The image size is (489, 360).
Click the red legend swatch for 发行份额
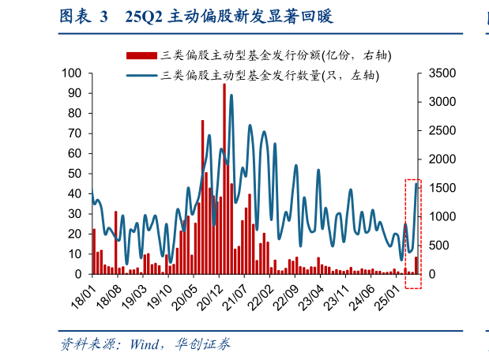pyautogui.click(x=141, y=55)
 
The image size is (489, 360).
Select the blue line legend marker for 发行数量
pyautogui.click(x=141, y=77)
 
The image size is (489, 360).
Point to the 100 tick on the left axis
pyautogui.click(x=73, y=73)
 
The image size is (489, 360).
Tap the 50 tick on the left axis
pyautogui.click(x=76, y=174)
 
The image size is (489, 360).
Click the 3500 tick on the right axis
pyautogui.click(x=441, y=73)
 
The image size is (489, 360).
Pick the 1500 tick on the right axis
pyautogui.click(x=441, y=188)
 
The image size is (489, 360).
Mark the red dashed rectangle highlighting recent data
pyautogui.click(x=413, y=234)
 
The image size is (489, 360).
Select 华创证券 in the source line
pyautogui.click(x=203, y=344)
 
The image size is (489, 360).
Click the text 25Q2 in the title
pyautogui.click(x=144, y=17)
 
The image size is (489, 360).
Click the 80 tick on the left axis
pyautogui.click(x=76, y=114)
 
